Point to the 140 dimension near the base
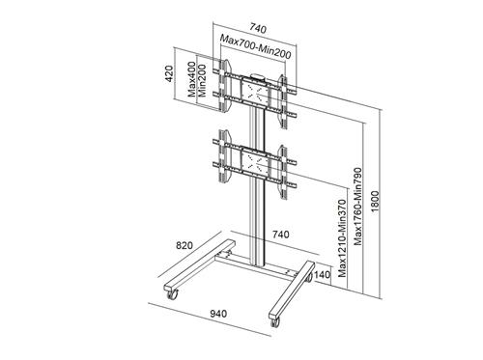(x=323, y=275)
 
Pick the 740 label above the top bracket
(x=256, y=28)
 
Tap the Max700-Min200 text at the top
(x=254, y=42)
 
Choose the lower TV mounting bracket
(x=255, y=160)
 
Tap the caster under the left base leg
(x=173, y=296)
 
